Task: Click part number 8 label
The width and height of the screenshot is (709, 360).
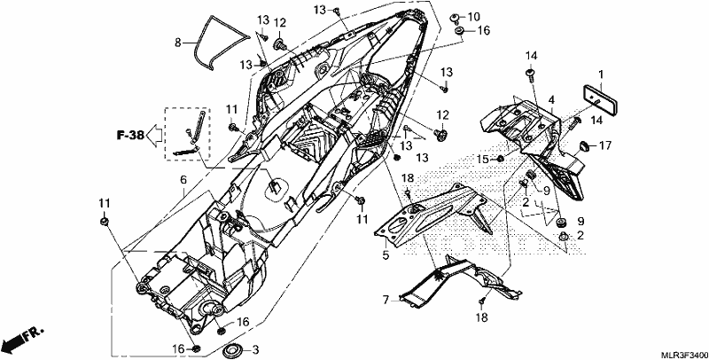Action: point(178,43)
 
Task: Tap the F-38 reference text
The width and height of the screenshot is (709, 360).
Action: point(130,135)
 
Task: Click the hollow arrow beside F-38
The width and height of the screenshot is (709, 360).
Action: point(154,136)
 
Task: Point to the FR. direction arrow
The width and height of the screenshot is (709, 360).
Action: point(23,340)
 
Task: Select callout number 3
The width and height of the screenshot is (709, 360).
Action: point(255,349)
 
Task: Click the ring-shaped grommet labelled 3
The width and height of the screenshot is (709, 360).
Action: point(233,350)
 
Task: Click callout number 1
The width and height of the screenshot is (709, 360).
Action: point(601,74)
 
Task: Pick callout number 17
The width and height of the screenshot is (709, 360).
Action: point(605,145)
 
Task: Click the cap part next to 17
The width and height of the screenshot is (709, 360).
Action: point(585,145)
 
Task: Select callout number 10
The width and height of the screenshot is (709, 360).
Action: point(473,17)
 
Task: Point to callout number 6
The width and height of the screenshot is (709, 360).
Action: point(183,179)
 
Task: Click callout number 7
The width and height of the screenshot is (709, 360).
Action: point(386,300)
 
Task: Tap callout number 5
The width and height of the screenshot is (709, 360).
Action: point(386,255)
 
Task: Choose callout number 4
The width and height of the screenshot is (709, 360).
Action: point(551,99)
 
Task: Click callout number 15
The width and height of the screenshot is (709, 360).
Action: point(483,159)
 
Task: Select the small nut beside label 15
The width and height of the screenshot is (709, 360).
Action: point(501,159)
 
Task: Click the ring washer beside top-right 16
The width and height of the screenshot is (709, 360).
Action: point(460,31)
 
